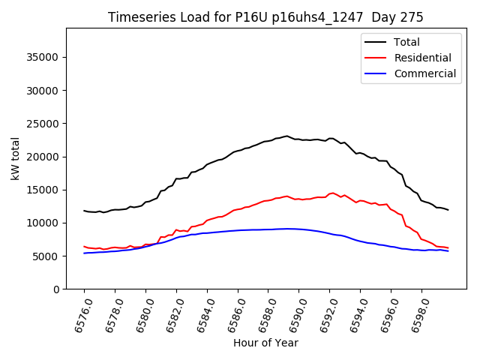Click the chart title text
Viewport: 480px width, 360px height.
tap(265, 17)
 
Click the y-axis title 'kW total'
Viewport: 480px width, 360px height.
tap(16, 158)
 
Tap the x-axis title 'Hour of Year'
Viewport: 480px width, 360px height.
tap(265, 343)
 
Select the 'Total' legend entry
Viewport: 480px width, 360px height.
tap(407, 43)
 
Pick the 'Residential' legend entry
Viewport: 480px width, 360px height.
tap(422, 58)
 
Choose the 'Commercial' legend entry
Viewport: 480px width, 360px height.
tap(424, 73)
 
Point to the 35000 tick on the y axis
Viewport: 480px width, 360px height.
tap(44, 58)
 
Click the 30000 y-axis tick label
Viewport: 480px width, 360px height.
tap(44, 91)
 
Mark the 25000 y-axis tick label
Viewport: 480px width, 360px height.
tap(44, 124)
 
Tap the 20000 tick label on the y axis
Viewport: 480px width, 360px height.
tap(44, 157)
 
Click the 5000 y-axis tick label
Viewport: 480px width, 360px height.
tap(47, 256)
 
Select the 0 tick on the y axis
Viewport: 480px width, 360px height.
tap(57, 289)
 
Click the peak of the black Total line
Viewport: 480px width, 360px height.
tap(286, 136)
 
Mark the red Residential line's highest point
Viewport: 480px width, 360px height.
tap(332, 193)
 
